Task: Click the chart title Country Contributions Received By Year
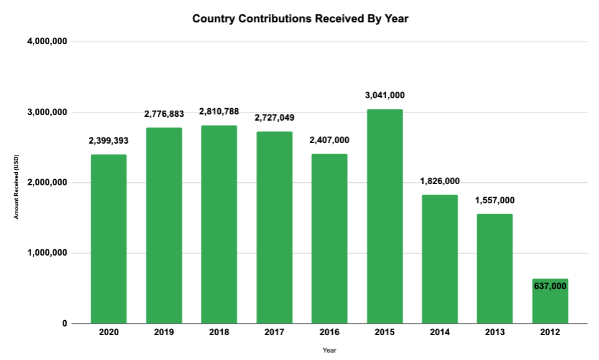tap(300, 19)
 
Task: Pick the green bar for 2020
tap(108, 239)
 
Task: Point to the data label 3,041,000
tap(384, 95)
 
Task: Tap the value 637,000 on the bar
tap(550, 285)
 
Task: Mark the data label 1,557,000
tap(495, 200)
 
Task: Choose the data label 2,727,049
tap(274, 118)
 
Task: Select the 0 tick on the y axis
tap(64, 323)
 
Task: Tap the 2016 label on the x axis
tap(329, 333)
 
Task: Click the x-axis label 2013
tap(495, 333)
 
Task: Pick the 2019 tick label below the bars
tap(164, 333)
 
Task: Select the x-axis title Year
tap(329, 350)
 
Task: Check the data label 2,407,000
tap(329, 140)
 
